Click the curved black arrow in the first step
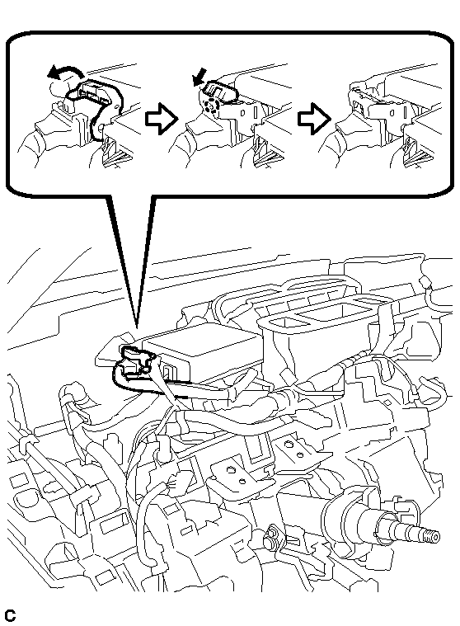tap(63, 71)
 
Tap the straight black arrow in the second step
tap(199, 77)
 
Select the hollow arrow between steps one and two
tap(161, 118)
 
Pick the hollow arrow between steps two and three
tap(314, 118)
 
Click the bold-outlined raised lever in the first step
tap(96, 104)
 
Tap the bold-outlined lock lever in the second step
tap(220, 92)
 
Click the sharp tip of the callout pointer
tap(137, 327)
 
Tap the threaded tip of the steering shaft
tap(432, 537)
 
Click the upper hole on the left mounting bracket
tap(230, 470)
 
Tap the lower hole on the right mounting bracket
tap(299, 454)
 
